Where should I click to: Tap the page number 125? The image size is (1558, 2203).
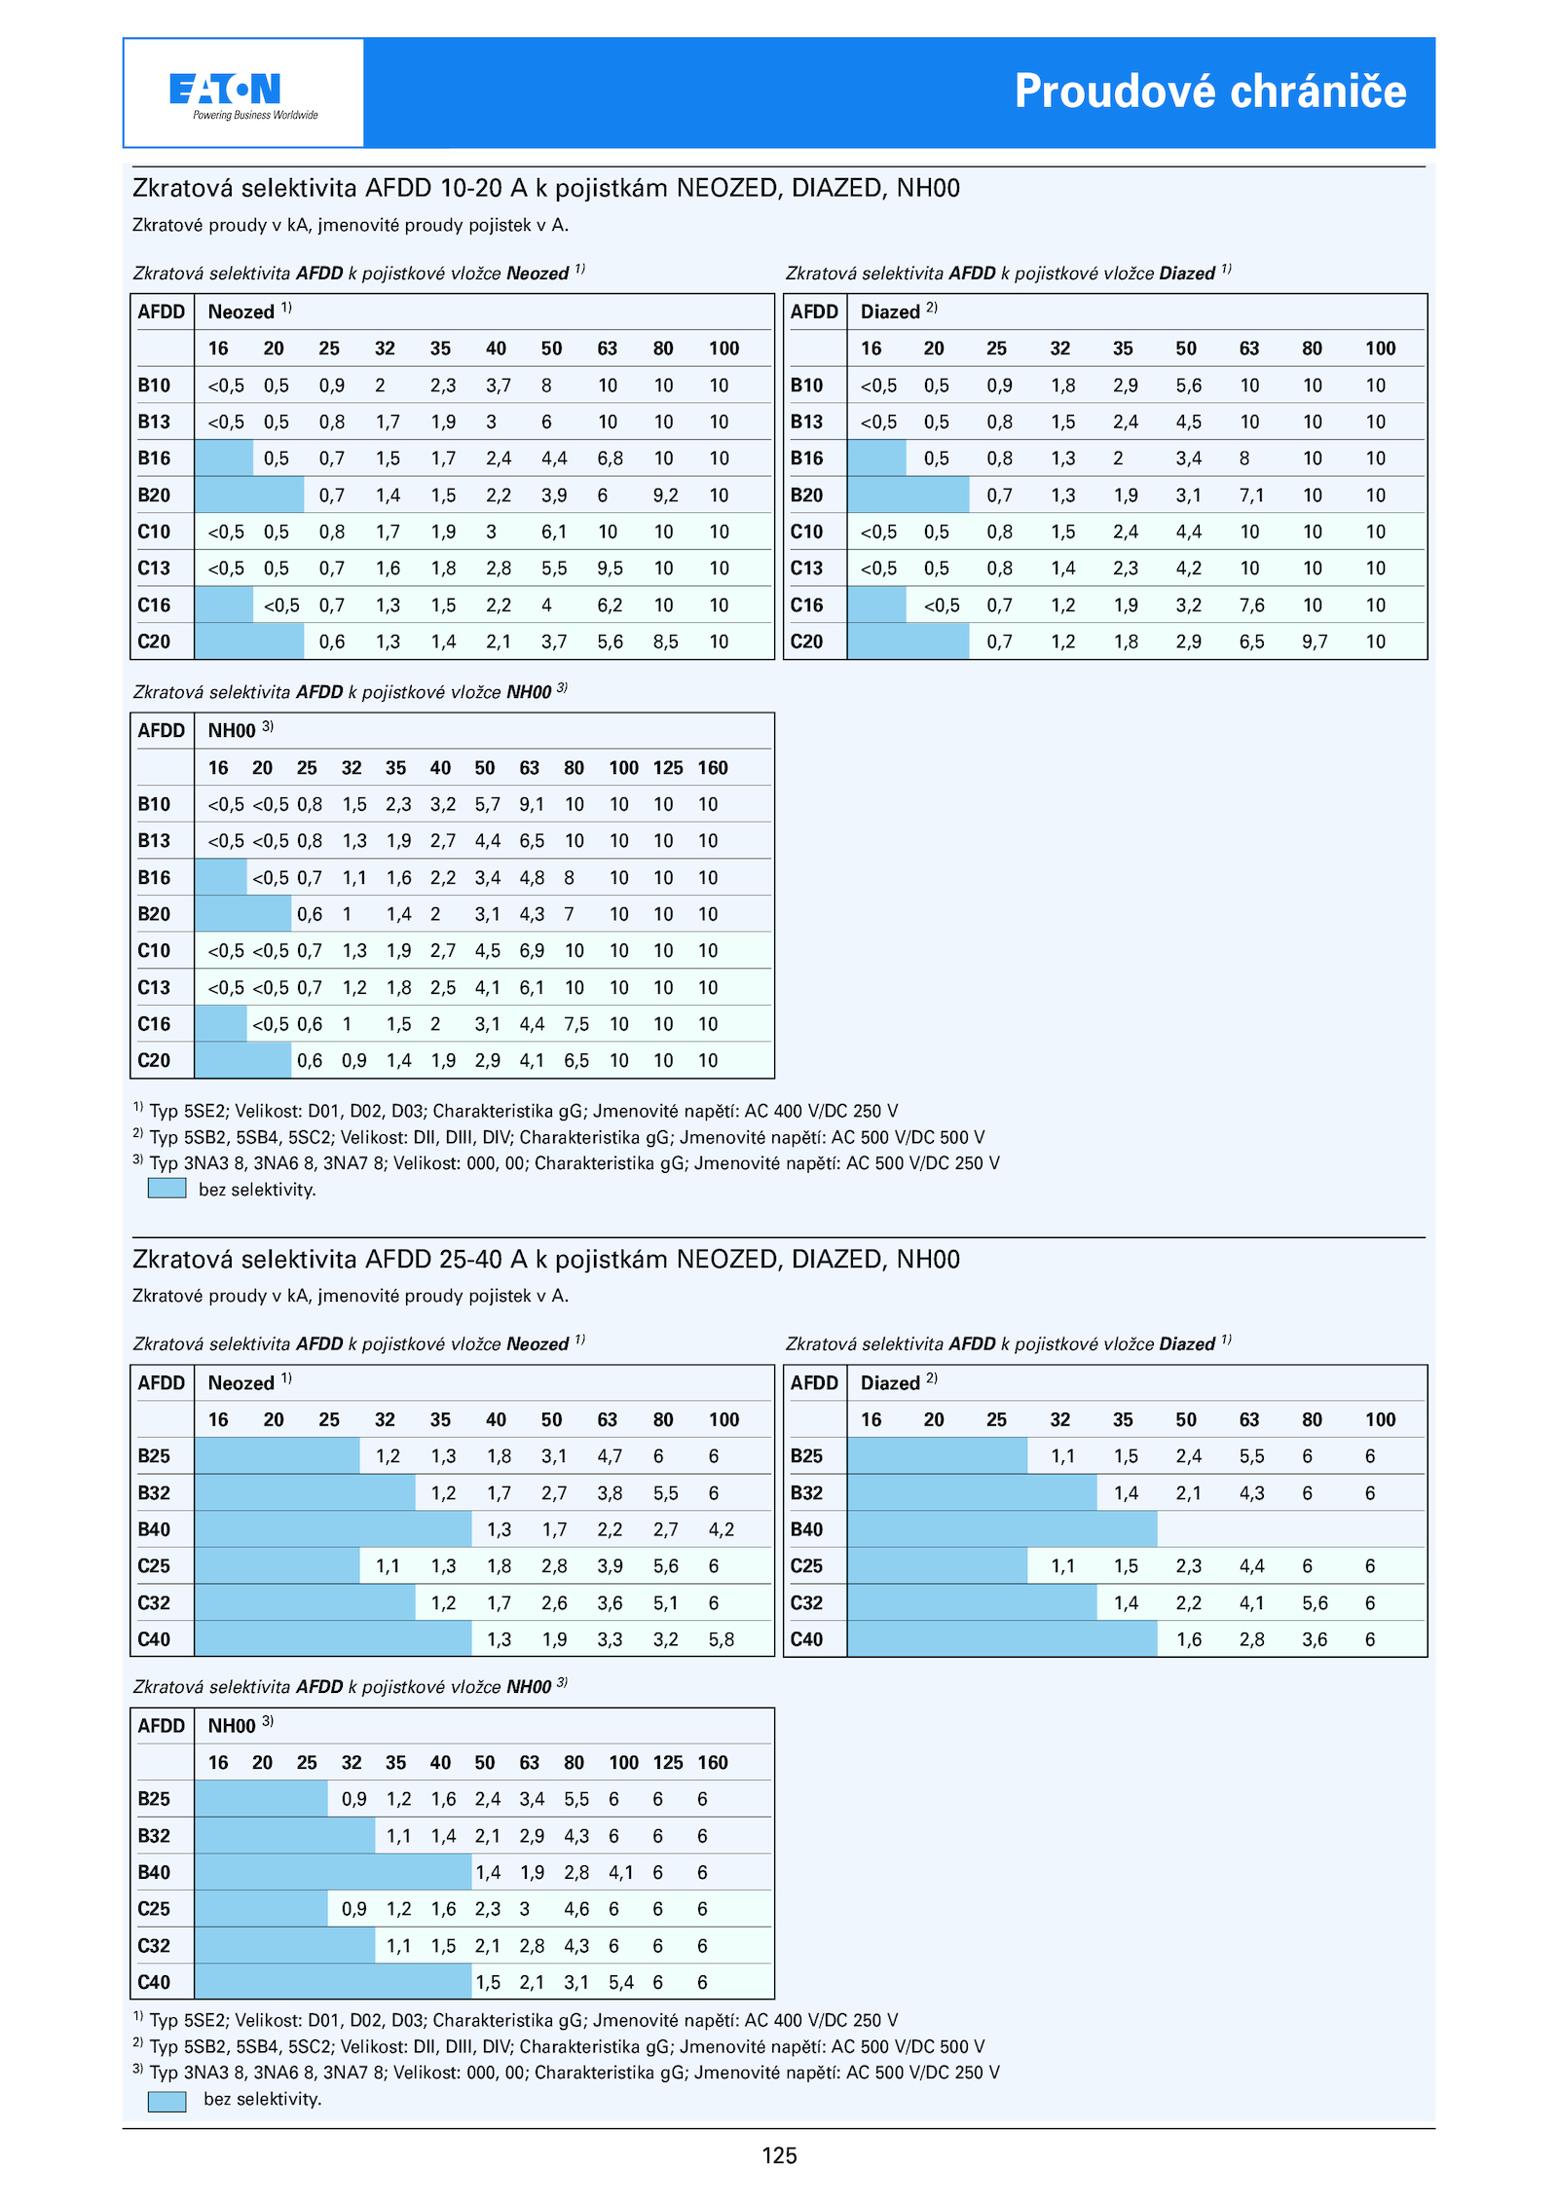[779, 2155]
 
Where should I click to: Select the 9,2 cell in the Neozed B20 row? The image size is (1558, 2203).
[666, 496]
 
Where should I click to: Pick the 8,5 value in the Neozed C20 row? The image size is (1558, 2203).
[666, 642]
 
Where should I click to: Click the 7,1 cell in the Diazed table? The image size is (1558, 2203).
[1251, 496]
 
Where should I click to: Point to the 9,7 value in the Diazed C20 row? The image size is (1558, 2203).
[1315, 642]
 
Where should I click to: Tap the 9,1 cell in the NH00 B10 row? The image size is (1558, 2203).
[532, 804]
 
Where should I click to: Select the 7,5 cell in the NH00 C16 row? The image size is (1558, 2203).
[576, 1024]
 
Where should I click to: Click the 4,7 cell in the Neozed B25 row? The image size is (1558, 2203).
[610, 1456]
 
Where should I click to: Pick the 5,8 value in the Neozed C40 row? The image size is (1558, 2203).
[722, 1639]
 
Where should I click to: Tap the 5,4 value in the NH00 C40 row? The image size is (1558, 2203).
[621, 1982]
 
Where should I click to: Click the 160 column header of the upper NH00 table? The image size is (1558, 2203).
[713, 768]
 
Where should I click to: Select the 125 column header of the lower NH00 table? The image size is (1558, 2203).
[668, 1762]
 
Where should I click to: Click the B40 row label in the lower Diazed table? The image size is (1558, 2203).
[806, 1529]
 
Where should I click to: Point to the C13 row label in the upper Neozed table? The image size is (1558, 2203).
[154, 569]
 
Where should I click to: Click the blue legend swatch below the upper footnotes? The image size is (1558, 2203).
[167, 1189]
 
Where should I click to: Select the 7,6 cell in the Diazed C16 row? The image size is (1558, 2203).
[1251, 606]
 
